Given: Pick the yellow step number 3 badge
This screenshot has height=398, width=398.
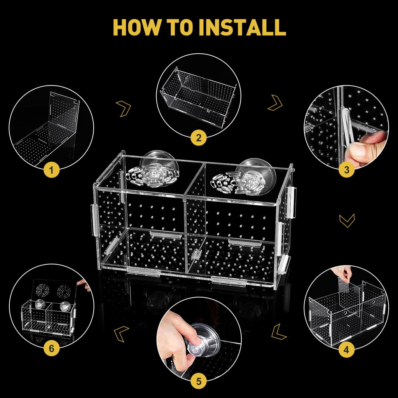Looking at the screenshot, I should tap(346, 169).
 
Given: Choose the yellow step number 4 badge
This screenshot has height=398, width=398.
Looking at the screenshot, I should tap(346, 350).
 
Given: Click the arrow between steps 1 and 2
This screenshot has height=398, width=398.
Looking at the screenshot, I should tap(124, 108).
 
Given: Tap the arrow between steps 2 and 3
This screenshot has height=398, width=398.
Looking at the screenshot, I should tap(275, 102).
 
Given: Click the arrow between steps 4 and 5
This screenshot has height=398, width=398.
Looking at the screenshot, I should tap(279, 331).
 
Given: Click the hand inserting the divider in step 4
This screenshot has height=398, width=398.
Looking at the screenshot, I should tap(343, 274).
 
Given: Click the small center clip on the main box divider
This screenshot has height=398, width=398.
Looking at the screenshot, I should tap(196, 255).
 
